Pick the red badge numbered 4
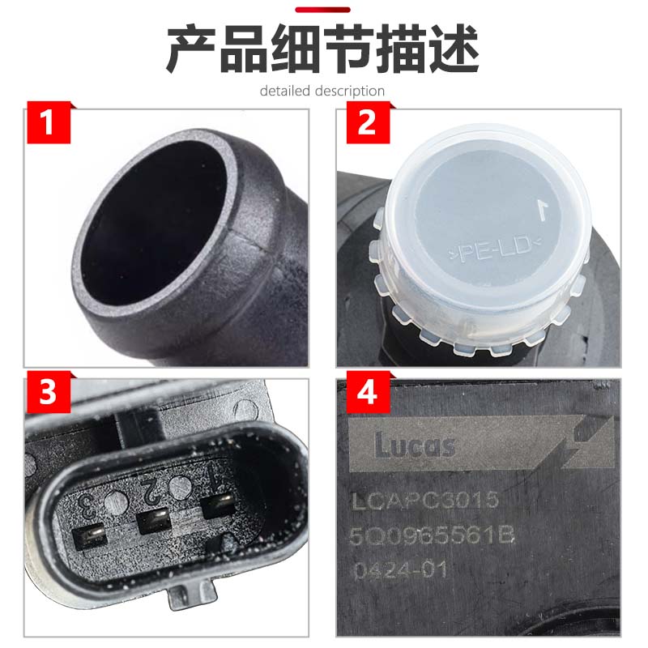[365, 394]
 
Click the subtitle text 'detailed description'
[322, 91]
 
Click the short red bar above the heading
[322, 10]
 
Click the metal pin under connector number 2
[152, 521]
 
